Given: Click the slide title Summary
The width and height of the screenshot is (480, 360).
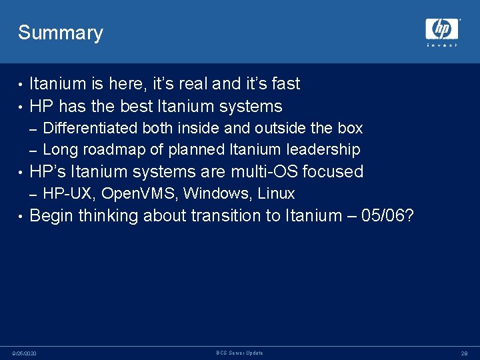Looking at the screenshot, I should [x=61, y=33].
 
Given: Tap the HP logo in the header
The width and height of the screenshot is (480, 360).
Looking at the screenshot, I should [x=442, y=29].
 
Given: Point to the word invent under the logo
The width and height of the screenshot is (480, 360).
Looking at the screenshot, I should [x=442, y=45].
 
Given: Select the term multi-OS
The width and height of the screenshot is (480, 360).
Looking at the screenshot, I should [x=265, y=172].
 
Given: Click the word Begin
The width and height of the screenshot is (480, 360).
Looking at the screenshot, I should [x=52, y=216].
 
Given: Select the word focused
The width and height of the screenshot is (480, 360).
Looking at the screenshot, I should [x=333, y=172].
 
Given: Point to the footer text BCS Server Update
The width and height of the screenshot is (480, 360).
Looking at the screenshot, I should [x=240, y=353].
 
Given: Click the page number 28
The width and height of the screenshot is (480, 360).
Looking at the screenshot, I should [x=464, y=353].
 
